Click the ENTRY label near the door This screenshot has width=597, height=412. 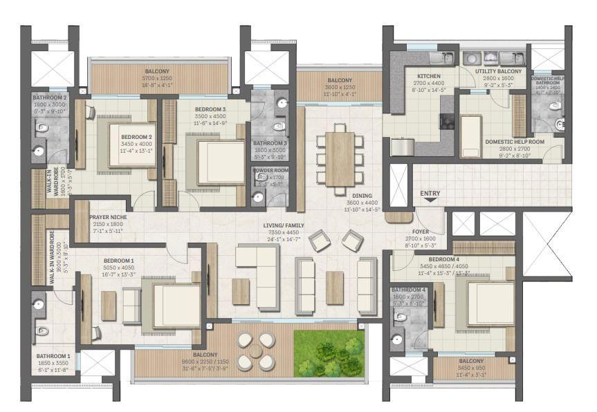point(430,193)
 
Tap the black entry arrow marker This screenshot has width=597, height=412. point(430,200)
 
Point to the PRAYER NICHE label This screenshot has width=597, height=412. point(107,216)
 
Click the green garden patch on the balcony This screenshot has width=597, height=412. point(329,353)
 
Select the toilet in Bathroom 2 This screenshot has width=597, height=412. point(42,127)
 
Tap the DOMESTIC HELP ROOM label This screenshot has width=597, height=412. point(515,142)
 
